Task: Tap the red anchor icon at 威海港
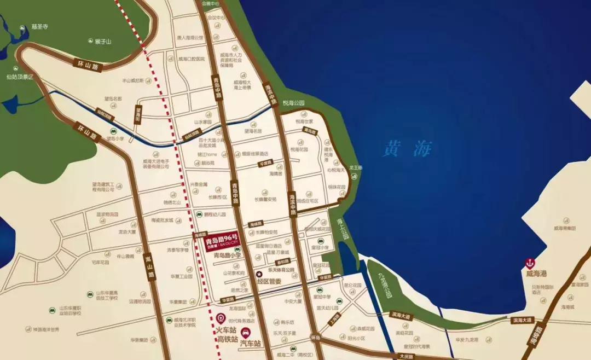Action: tap(530, 263)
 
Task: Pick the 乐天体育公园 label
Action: tap(281, 270)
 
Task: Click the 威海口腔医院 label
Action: tap(192, 59)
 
